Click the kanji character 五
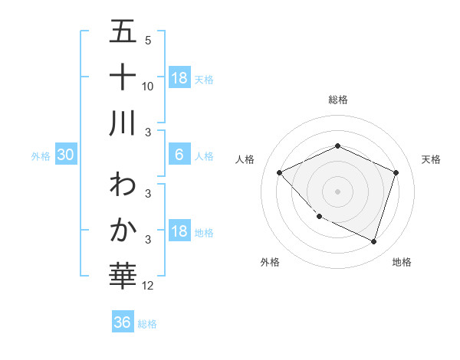[123, 33]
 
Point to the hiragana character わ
[123, 185]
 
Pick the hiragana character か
[123, 229]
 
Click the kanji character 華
[123, 273]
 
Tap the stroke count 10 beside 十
[148, 86]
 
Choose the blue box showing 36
[122, 322]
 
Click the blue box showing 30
[66, 155]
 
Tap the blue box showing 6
[179, 155]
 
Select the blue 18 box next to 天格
[179, 77]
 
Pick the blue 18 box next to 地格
[179, 232]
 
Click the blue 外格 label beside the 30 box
[41, 156]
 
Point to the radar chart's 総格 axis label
[337, 100]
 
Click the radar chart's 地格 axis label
[402, 262]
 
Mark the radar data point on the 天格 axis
[396, 172]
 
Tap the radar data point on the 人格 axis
[280, 172]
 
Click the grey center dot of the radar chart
[337, 191]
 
